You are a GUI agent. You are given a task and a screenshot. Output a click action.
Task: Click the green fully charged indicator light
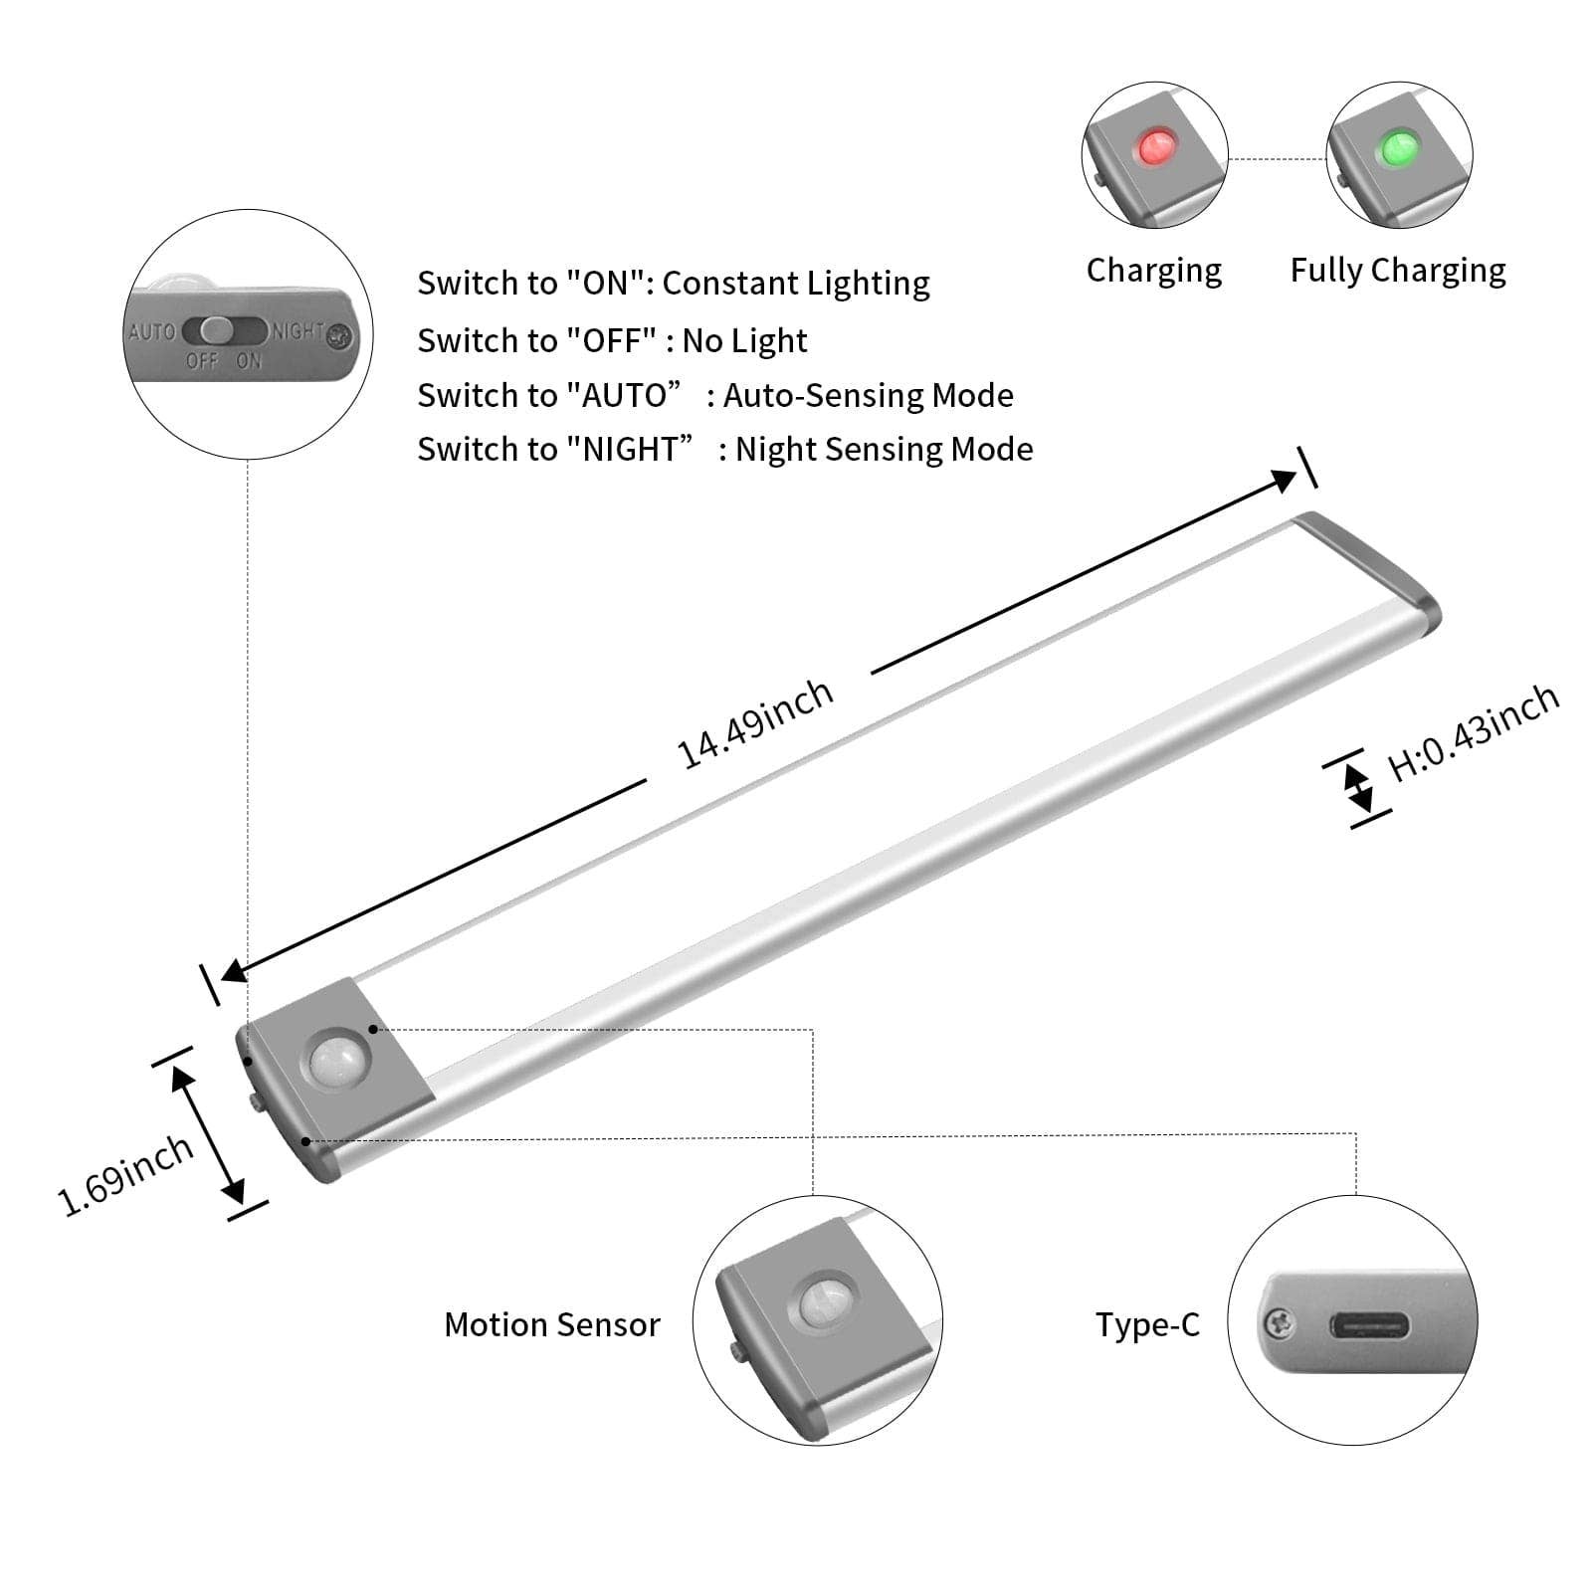(x=1398, y=147)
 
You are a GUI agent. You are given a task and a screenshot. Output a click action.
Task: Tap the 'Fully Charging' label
(x=1397, y=270)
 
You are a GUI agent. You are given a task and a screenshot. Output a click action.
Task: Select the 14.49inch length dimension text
(x=754, y=723)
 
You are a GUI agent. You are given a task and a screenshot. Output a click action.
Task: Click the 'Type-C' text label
(x=1147, y=1324)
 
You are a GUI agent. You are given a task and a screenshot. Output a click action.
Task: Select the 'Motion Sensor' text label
(x=551, y=1324)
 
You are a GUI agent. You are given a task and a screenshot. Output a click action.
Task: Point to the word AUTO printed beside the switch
(x=151, y=331)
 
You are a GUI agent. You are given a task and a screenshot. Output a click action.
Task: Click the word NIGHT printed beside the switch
(x=298, y=331)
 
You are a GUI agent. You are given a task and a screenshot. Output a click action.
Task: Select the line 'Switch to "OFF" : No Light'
(x=611, y=340)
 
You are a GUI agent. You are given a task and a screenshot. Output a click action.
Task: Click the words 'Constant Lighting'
(x=795, y=283)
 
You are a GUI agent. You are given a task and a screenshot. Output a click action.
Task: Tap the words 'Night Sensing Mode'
(x=884, y=449)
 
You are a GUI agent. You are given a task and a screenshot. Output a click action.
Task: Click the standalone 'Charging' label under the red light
(x=1153, y=270)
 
